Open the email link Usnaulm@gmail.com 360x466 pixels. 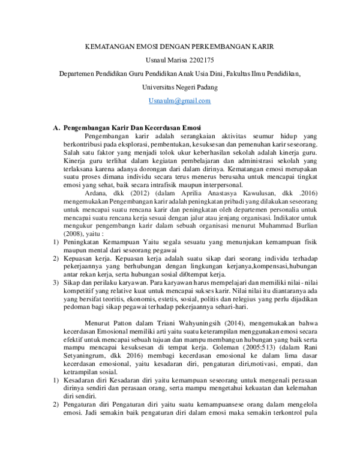[179, 101]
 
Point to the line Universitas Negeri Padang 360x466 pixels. [179, 87]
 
